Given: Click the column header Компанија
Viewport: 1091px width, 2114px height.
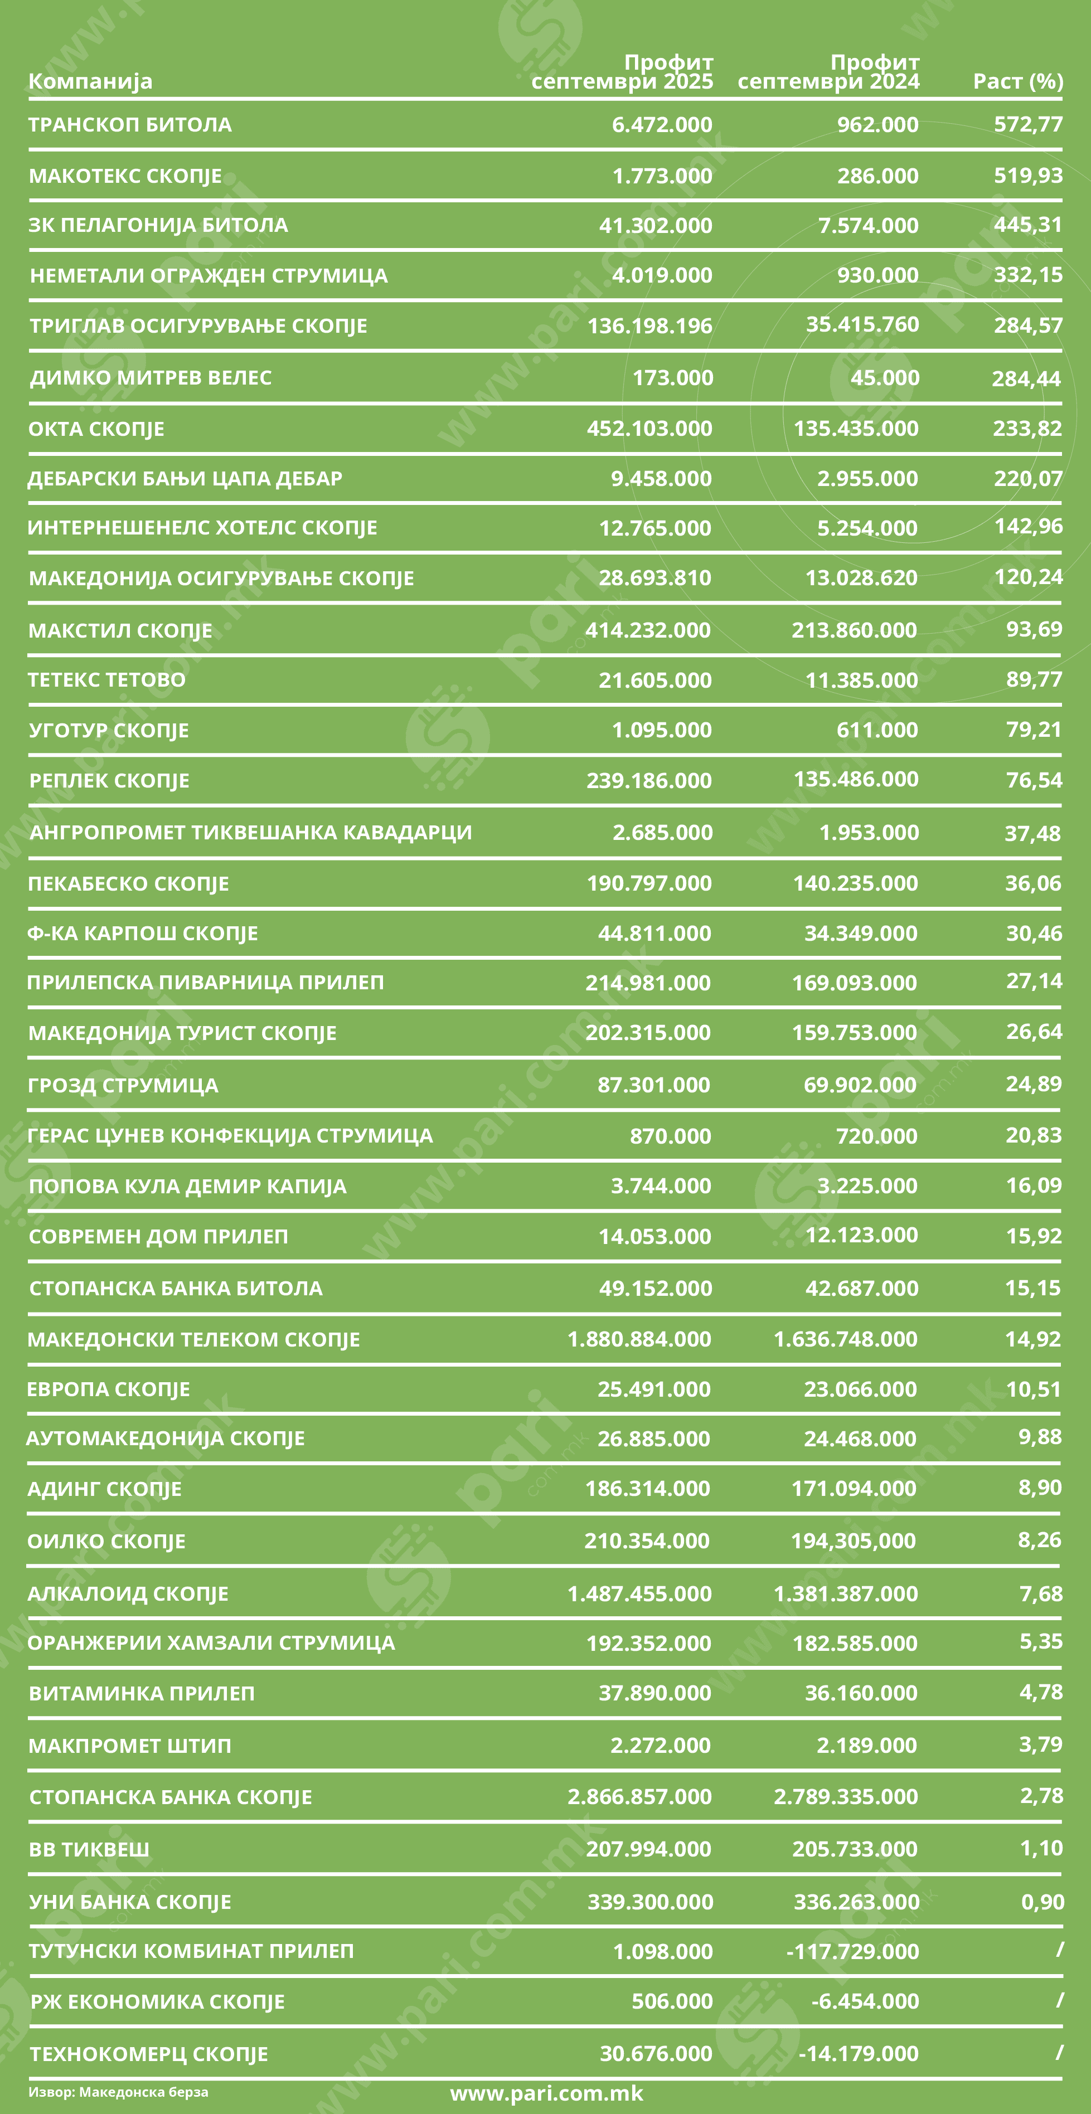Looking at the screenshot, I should coord(90,81).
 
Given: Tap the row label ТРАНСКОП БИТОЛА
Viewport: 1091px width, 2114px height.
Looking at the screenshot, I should coord(130,125).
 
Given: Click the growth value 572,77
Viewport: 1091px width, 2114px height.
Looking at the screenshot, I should coord(1028,125).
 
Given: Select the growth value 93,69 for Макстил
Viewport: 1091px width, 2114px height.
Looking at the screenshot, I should coord(1034,629).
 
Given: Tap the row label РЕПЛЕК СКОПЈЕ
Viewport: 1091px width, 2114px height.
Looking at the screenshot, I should coord(109,780).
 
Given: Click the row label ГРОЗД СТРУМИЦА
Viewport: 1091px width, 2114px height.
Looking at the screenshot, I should coord(123,1085).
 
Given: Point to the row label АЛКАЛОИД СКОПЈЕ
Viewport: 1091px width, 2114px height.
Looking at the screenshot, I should coord(128,1593).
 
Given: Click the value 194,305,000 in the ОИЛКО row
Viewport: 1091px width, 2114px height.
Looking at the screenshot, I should coord(853,1541).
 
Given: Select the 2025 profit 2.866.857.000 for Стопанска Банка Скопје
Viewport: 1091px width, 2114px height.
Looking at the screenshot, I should coord(639,1796).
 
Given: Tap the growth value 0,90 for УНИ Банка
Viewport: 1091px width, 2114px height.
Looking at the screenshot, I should coord(1042,1902).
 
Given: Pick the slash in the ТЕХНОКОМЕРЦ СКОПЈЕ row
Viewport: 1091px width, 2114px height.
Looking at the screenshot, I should coord(1059,2053).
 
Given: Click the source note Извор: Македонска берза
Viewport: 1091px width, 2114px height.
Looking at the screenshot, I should coord(118,2092).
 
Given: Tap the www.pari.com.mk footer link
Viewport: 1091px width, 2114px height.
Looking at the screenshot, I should coord(547,2093).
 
